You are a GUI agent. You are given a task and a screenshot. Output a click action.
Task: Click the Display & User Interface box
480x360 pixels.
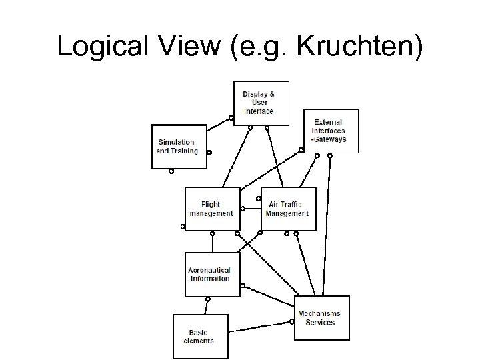click(x=261, y=103)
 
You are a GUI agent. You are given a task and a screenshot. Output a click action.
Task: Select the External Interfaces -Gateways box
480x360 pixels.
click(x=331, y=131)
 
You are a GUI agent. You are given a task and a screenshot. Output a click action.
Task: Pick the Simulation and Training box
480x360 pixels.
click(x=178, y=146)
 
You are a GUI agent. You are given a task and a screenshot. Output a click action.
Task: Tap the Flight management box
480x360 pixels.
click(x=211, y=209)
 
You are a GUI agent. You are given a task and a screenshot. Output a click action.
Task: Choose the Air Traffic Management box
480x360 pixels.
click(x=288, y=209)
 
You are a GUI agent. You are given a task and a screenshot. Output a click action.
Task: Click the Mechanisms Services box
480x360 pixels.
click(x=321, y=318)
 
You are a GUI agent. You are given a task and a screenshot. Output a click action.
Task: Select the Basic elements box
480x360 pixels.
click(x=199, y=336)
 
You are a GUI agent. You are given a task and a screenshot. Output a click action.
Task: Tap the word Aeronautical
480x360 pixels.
click(x=210, y=270)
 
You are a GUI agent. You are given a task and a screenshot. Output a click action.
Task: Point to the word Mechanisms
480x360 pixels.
click(x=320, y=313)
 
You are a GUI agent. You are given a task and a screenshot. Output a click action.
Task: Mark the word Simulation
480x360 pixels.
click(x=177, y=142)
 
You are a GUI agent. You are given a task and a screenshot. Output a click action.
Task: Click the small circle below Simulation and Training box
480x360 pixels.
click(x=171, y=171)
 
